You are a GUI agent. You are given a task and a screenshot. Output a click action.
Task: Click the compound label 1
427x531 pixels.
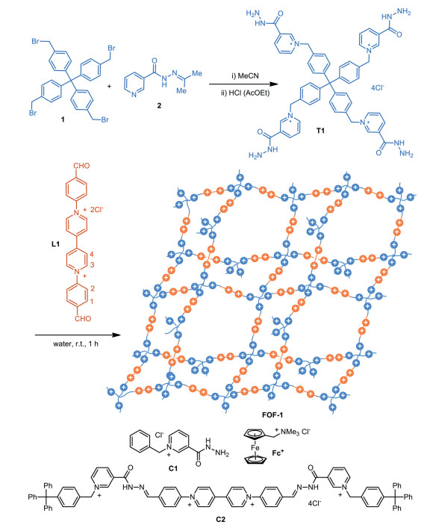point(63,119)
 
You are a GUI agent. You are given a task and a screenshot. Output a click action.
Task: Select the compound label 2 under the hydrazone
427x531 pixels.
point(159,105)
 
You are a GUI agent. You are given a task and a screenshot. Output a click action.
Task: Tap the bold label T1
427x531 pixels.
point(320,131)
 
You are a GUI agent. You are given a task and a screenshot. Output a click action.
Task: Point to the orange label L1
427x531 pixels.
point(55,243)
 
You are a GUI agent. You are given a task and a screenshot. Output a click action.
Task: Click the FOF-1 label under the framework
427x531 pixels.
point(272,414)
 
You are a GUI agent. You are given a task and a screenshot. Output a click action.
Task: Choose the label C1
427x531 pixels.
point(173,468)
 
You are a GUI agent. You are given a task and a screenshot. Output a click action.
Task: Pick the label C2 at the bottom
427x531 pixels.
point(220,519)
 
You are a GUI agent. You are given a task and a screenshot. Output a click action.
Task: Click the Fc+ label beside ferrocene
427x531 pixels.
point(278,453)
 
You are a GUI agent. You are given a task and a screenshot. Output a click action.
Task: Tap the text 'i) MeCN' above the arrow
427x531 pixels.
point(245,76)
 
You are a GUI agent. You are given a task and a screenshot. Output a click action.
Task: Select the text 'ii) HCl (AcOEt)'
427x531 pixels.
point(245,93)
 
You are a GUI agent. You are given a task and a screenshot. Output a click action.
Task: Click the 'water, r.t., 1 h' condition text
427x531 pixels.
point(75,344)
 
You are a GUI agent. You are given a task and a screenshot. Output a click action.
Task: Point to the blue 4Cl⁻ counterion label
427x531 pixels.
point(378,87)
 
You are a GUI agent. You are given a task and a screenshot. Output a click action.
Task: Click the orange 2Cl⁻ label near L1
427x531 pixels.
point(96,210)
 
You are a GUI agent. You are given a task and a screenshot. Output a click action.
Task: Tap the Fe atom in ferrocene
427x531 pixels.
point(255,447)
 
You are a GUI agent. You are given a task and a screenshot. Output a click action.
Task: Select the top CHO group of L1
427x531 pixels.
point(81,166)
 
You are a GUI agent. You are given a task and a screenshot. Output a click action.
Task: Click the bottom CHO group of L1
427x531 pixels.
point(83,318)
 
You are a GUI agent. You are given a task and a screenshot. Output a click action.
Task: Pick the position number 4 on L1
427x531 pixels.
point(92,255)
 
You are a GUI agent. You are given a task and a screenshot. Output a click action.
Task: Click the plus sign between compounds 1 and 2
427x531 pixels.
point(109,87)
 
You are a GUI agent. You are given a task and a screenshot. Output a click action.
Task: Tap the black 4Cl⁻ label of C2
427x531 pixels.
point(314,503)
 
